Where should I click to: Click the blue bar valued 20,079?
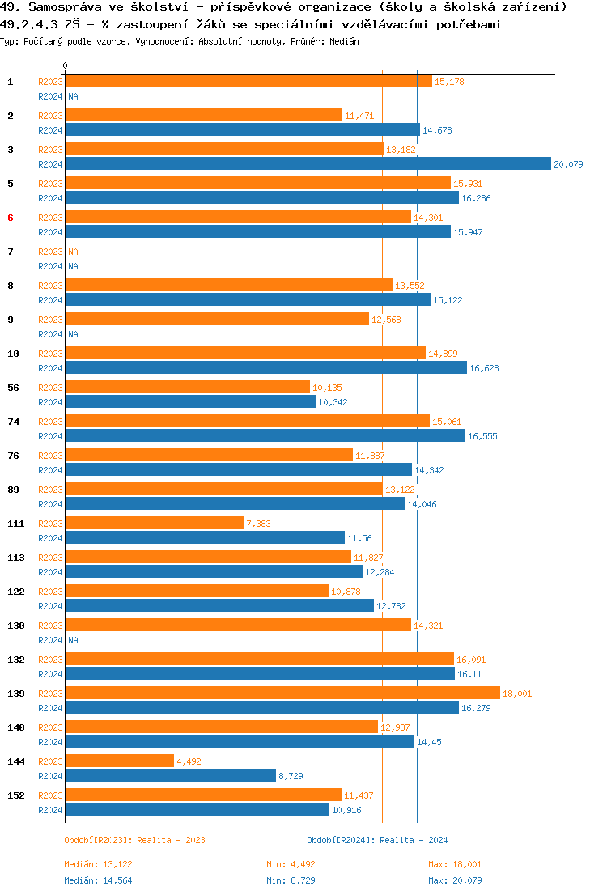(x=308, y=164)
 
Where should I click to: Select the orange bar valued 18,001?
(x=282, y=694)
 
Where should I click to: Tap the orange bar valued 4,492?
(x=120, y=761)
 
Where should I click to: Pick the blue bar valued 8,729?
(x=171, y=776)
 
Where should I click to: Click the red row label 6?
(x=11, y=218)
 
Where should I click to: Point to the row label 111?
(x=15, y=524)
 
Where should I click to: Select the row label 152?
(x=15, y=795)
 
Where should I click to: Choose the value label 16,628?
(x=484, y=368)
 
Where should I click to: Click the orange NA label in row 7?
(x=73, y=252)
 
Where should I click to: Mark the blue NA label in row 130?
(x=73, y=640)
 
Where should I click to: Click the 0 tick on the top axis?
(x=66, y=66)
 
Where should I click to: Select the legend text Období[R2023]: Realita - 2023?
(x=134, y=840)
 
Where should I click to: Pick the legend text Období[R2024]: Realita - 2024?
(x=377, y=840)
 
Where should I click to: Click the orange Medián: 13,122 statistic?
(x=98, y=864)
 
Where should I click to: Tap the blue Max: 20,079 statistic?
(x=455, y=880)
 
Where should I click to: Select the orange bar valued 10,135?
(x=187, y=388)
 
